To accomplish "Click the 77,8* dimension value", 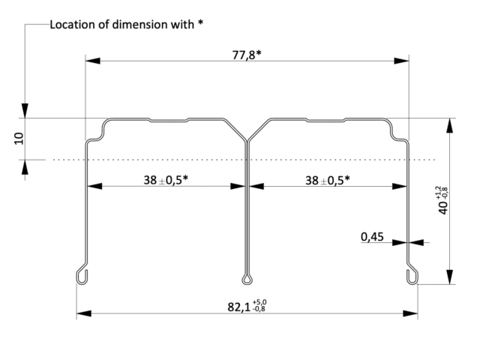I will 248,55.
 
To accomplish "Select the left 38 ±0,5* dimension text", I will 164,180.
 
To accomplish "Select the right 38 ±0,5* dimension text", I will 326,180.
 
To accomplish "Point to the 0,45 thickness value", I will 372,237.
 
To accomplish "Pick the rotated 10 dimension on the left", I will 19,138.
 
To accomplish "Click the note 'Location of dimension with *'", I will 127,25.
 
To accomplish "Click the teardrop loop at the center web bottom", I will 246,280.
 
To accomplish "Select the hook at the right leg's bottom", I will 411,275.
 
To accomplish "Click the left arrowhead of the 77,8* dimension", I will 90,61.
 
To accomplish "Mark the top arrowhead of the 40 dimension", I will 449,122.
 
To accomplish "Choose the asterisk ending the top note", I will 200,23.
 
